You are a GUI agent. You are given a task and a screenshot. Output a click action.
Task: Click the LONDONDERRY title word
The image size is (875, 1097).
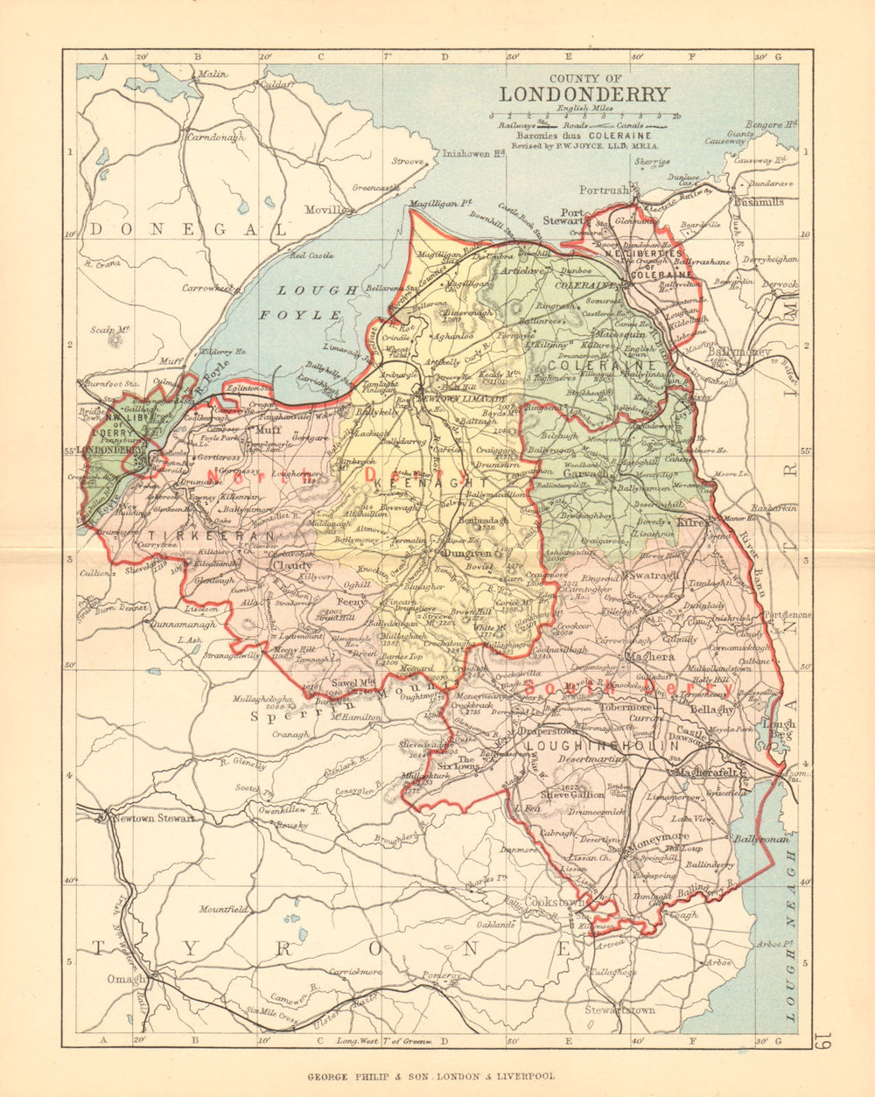[584, 94]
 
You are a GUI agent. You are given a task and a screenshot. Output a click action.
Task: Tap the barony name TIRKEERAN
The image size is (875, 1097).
[187, 535]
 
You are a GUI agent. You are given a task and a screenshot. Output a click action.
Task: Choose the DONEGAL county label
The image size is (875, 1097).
[188, 230]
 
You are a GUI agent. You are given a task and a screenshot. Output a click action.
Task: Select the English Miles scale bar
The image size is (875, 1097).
[584, 116]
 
